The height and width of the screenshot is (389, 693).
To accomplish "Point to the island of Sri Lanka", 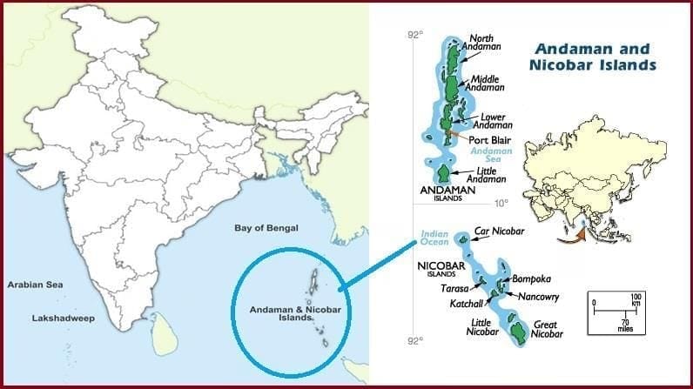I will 160,333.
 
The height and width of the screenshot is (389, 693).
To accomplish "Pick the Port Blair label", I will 489,140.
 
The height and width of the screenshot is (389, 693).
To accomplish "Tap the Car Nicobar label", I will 498,233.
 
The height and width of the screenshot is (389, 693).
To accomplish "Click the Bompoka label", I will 533,279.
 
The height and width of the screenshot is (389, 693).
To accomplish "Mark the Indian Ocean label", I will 434,238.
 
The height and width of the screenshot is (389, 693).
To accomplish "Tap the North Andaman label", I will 486,44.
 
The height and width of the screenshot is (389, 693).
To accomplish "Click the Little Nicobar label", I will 481,327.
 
